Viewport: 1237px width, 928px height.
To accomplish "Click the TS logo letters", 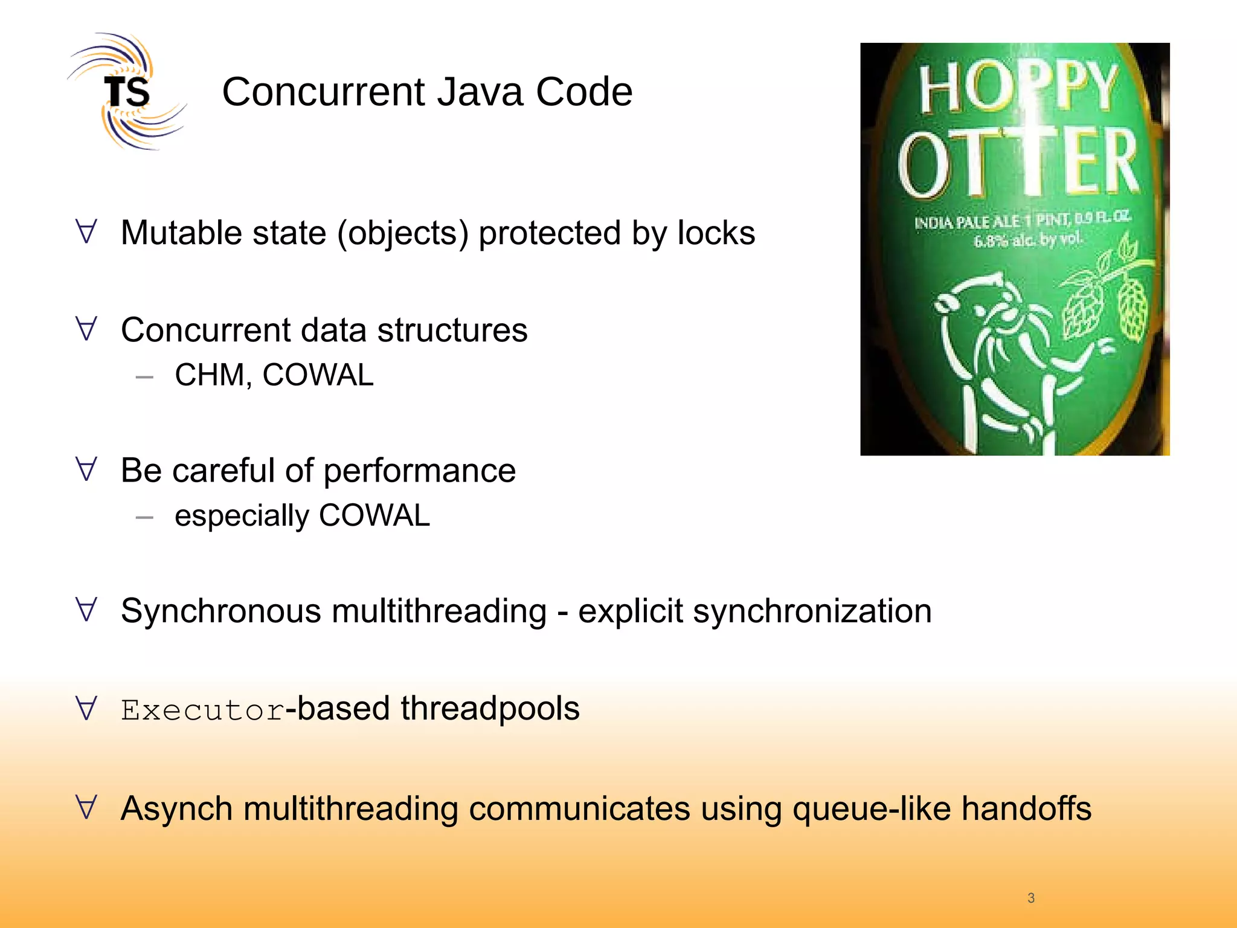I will (x=127, y=92).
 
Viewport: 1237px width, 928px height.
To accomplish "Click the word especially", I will (x=242, y=516).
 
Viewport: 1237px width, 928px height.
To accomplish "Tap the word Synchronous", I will (x=220, y=611).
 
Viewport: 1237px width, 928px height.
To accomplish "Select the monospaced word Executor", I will (x=202, y=709).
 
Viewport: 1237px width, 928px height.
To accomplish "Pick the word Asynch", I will (x=176, y=808).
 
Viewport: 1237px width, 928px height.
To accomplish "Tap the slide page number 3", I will (x=1031, y=898).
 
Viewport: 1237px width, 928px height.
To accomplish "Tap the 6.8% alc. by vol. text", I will (x=1026, y=240).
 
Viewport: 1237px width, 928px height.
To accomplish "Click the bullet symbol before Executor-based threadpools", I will (x=86, y=708).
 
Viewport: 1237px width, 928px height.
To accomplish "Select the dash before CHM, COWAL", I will (x=144, y=377).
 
